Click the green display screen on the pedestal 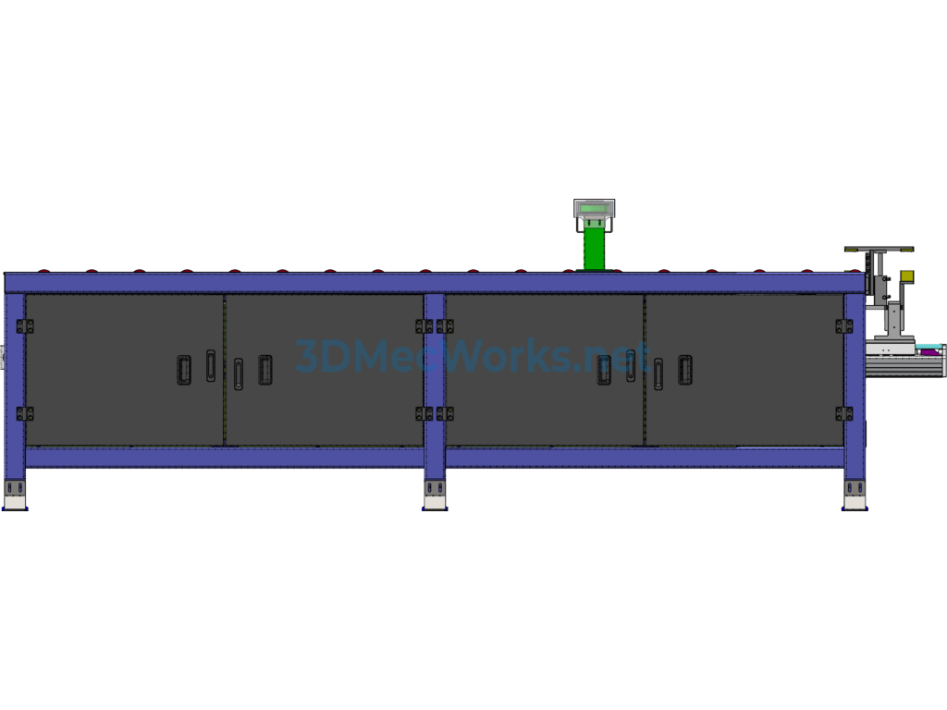[595, 208]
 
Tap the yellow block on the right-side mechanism [906, 276]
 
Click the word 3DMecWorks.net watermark [472, 356]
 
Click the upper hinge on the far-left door [25, 326]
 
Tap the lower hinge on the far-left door [25, 413]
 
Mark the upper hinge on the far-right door [844, 326]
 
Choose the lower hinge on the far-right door [844, 413]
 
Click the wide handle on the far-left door [184, 370]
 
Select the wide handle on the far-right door [685, 370]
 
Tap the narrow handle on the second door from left [239, 373]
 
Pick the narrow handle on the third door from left [631, 366]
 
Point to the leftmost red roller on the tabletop [43, 271]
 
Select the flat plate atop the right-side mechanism [879, 249]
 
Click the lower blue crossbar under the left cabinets [225, 457]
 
